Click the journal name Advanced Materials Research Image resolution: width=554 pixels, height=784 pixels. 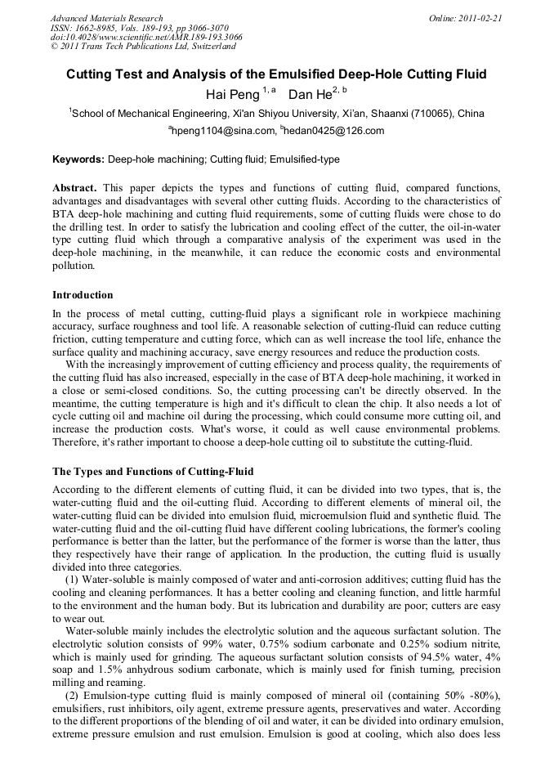[x=106, y=18]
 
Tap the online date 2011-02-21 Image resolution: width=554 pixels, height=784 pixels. [x=476, y=18]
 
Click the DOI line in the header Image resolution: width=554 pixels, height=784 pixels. [x=145, y=38]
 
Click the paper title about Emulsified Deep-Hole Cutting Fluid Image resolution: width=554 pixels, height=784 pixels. [x=276, y=74]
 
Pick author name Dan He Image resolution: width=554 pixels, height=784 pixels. [x=310, y=95]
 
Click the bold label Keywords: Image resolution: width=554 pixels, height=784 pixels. [x=78, y=159]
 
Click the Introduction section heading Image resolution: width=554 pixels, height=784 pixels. [x=83, y=295]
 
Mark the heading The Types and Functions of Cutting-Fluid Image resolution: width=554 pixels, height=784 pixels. [x=153, y=472]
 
